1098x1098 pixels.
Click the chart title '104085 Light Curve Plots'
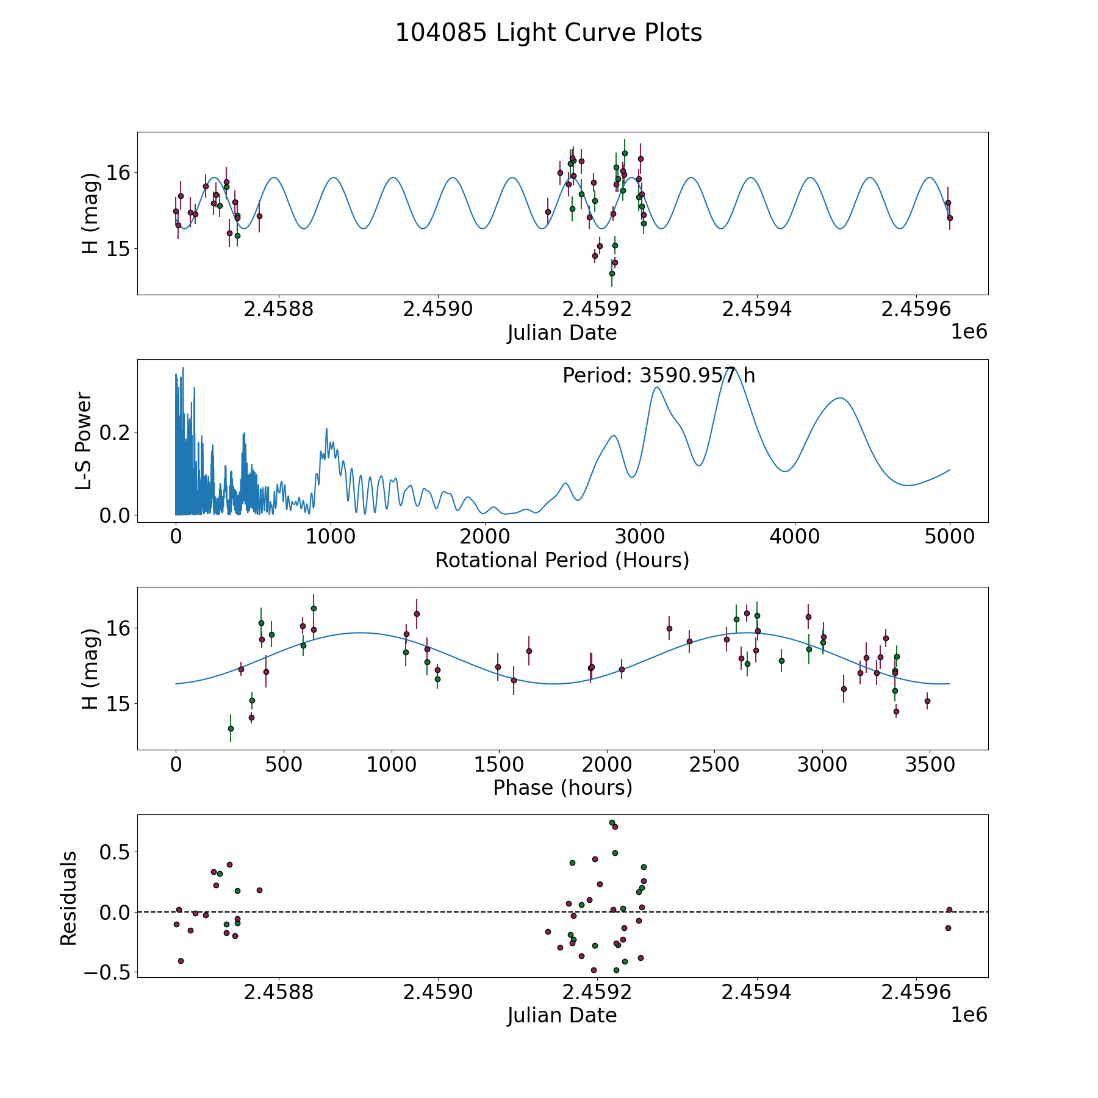coord(548,33)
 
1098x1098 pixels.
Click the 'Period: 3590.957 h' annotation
coord(659,376)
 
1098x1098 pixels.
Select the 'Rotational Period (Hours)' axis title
coord(562,560)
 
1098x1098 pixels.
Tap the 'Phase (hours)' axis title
coord(562,788)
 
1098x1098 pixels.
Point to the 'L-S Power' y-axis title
coord(84,441)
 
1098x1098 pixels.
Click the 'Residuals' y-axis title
coord(68,899)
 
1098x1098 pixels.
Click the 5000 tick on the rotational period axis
coord(950,536)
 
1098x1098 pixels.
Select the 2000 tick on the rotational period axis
coord(485,536)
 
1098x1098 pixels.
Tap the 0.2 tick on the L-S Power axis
coord(115,432)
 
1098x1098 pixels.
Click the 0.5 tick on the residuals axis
coord(115,852)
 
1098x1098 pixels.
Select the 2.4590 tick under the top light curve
coord(438,309)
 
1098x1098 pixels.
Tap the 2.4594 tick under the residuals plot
coord(756,992)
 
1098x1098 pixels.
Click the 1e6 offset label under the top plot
coord(969,332)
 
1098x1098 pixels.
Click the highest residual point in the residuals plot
coord(612,822)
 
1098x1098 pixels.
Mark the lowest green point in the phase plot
coord(231,728)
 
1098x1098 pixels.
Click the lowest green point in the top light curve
coord(612,273)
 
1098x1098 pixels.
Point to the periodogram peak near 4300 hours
coord(841,398)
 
